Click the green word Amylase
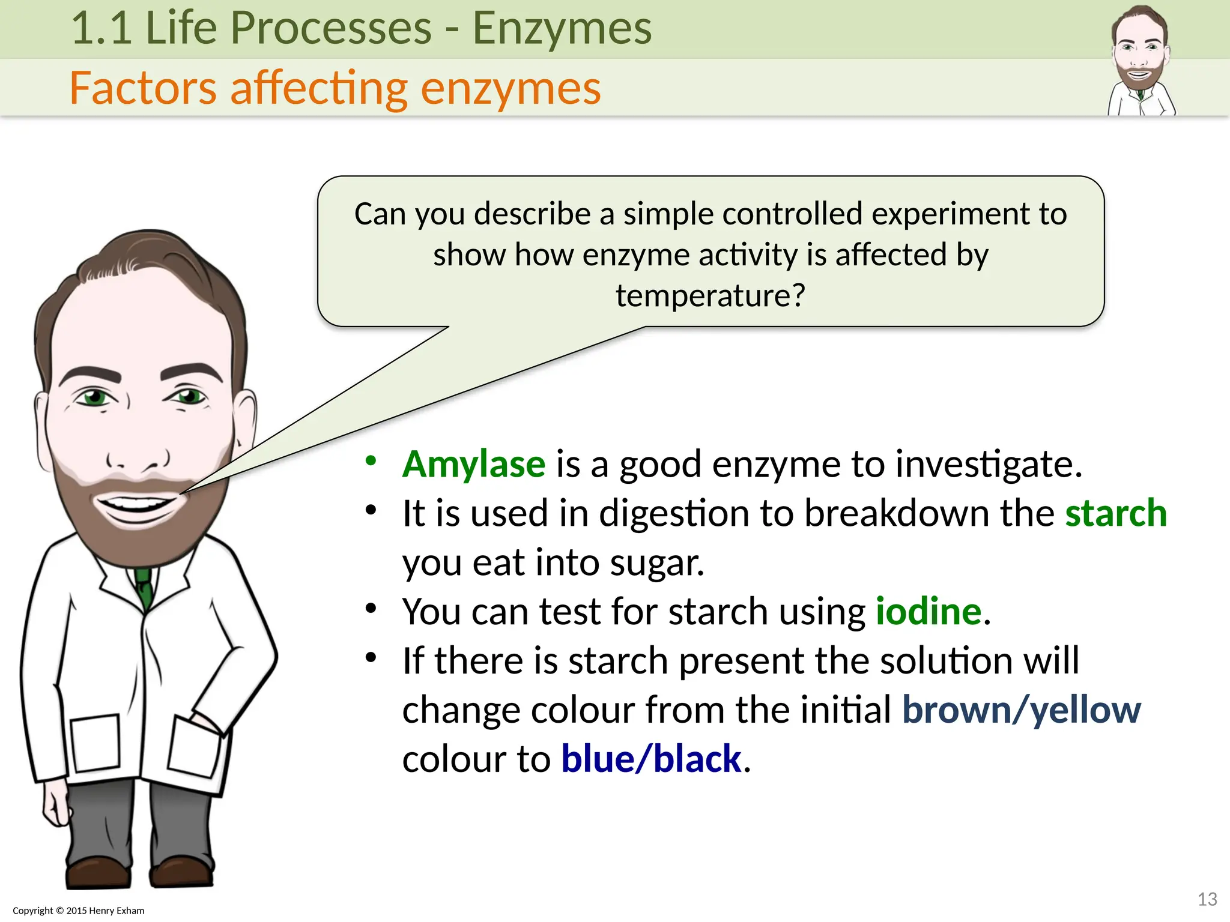click(473, 465)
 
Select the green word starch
click(1115, 514)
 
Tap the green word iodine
click(928, 612)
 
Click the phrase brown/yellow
click(1020, 711)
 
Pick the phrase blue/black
click(651, 759)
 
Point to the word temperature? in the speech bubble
click(710, 296)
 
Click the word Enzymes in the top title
click(562, 28)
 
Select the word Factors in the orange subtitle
click(143, 88)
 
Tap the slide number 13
click(1207, 899)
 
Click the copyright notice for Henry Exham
click(79, 911)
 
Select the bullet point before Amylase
click(371, 461)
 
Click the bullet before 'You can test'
click(371, 609)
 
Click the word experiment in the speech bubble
click(950, 214)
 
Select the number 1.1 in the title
click(101, 28)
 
